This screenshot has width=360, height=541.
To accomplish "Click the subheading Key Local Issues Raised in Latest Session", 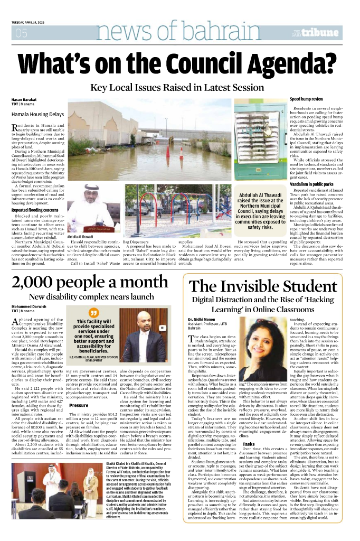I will pos(180,87).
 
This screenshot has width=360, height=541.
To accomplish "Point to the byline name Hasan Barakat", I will pos(23,100).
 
